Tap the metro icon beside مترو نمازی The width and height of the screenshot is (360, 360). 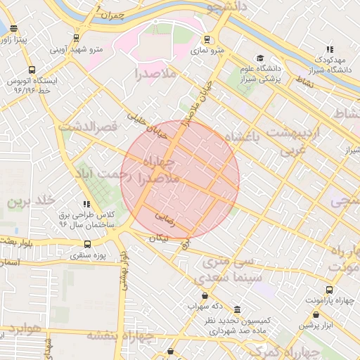207,39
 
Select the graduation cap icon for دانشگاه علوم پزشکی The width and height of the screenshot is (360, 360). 260,58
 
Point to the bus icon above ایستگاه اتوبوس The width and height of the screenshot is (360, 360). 32,70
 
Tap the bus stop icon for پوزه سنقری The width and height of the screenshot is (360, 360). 87,244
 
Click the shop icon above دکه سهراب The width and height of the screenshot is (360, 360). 205,295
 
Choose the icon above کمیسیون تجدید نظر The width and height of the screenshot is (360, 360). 237,309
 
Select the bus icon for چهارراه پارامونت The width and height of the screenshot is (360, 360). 329,290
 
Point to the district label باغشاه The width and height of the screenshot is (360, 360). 243,138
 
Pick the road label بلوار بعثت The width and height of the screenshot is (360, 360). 15,242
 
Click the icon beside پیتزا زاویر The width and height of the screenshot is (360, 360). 15,30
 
